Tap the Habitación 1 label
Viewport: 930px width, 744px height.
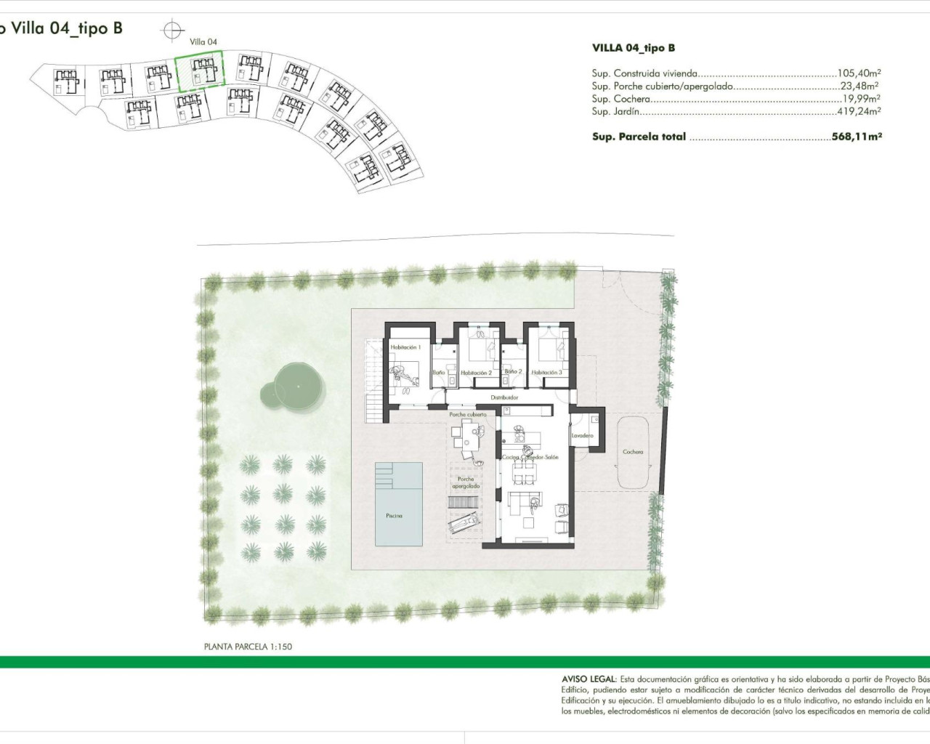(405, 348)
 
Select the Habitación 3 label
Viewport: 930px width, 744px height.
(546, 373)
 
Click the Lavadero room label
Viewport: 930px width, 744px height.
(582, 436)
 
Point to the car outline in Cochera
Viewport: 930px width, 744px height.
(633, 453)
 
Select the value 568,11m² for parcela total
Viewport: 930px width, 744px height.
(857, 137)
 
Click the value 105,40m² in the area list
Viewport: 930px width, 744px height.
(859, 73)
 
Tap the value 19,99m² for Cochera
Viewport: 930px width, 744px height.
(861, 99)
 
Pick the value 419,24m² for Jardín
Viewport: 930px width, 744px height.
(859, 112)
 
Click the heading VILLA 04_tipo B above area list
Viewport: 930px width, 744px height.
(633, 48)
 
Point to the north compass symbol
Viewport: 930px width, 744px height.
(172, 31)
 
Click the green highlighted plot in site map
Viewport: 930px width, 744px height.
(199, 73)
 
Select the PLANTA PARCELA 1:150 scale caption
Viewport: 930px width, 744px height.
(248, 646)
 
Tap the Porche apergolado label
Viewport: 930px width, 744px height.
(466, 482)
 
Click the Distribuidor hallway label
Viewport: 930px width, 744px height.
(504, 397)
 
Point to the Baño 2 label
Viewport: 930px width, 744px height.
(513, 371)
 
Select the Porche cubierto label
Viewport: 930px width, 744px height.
(468, 415)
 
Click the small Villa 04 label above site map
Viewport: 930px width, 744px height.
(203, 42)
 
